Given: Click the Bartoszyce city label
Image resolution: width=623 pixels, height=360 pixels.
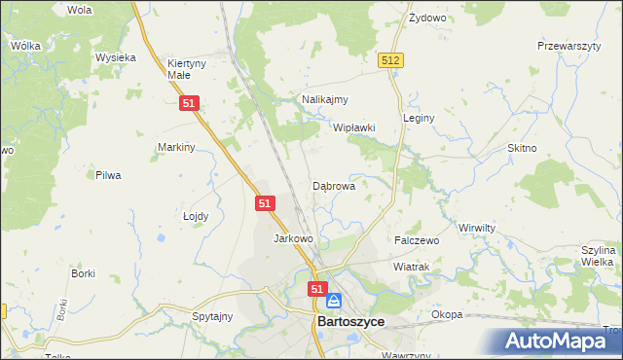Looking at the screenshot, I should [x=349, y=322].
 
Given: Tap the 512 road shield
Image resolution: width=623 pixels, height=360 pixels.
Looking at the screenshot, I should [x=391, y=60].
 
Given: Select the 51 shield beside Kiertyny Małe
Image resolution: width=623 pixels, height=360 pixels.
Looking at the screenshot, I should [x=190, y=102].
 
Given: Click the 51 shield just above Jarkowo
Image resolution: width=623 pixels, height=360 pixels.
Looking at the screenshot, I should [x=267, y=203].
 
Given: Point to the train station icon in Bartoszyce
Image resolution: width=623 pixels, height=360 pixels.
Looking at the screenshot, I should [x=334, y=302].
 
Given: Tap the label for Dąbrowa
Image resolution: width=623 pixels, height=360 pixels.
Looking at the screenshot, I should [x=333, y=185].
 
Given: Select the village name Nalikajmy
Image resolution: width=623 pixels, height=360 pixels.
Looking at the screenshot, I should [x=324, y=99].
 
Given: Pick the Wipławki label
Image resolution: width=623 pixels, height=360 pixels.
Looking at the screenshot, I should [x=354, y=127].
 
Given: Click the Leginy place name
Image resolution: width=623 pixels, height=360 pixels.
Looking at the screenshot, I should [x=418, y=118].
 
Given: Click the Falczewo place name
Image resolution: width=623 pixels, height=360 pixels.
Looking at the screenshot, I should [x=417, y=239].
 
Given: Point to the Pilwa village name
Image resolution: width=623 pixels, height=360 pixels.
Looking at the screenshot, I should [x=107, y=175].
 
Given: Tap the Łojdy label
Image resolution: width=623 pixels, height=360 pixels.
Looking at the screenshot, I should [x=196, y=217].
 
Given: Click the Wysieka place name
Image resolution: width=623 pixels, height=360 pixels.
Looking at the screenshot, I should [x=115, y=57].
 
